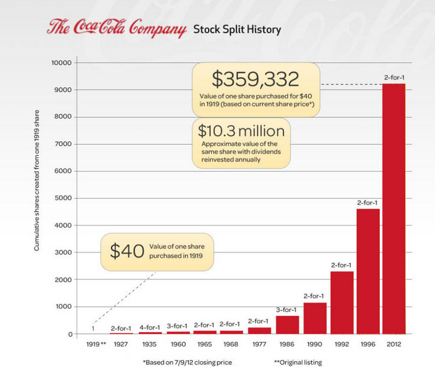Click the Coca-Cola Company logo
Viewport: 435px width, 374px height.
click(117, 29)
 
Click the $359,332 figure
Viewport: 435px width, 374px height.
click(255, 79)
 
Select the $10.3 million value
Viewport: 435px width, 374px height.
click(241, 131)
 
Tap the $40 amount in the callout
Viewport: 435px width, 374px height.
click(123, 251)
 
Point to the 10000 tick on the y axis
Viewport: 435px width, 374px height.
click(65, 63)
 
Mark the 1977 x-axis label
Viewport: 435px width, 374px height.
click(259, 344)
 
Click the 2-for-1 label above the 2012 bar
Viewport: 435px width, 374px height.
click(394, 78)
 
